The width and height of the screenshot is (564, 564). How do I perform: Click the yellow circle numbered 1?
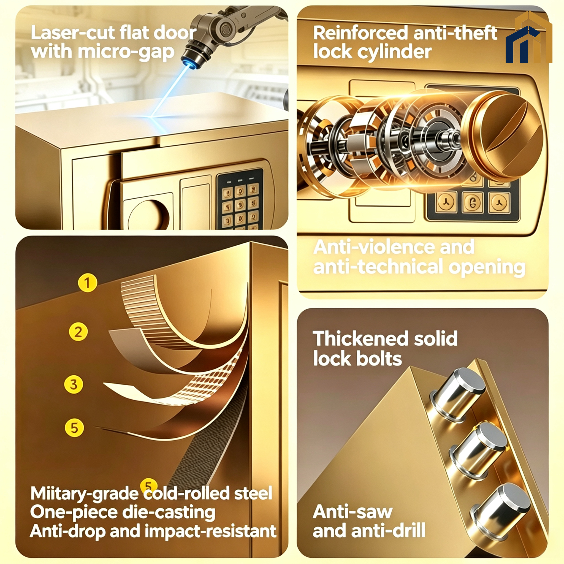pyautogui.click(x=87, y=283)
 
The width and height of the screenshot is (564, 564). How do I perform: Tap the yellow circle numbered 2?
pyautogui.click(x=78, y=332)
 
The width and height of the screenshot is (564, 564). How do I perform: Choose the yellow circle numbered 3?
pyautogui.click(x=74, y=384)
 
